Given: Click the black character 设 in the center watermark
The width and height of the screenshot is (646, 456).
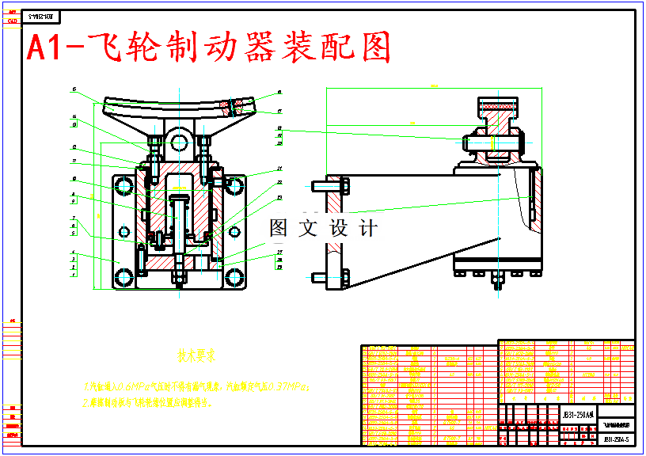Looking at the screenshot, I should [339, 229].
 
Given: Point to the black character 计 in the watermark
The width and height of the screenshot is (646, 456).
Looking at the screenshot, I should [368, 229].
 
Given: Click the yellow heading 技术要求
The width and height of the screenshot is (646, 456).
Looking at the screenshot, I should [197, 358].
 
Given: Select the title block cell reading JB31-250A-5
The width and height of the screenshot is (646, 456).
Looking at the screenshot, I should [616, 439].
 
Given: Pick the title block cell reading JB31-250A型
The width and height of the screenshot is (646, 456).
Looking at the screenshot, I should [576, 414].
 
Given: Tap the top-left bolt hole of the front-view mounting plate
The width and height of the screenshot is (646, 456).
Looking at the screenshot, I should [124, 186].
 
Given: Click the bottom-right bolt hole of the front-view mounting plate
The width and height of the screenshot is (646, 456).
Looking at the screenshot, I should [234, 277].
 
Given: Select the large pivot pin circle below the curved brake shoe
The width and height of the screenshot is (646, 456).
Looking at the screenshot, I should [179, 142].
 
